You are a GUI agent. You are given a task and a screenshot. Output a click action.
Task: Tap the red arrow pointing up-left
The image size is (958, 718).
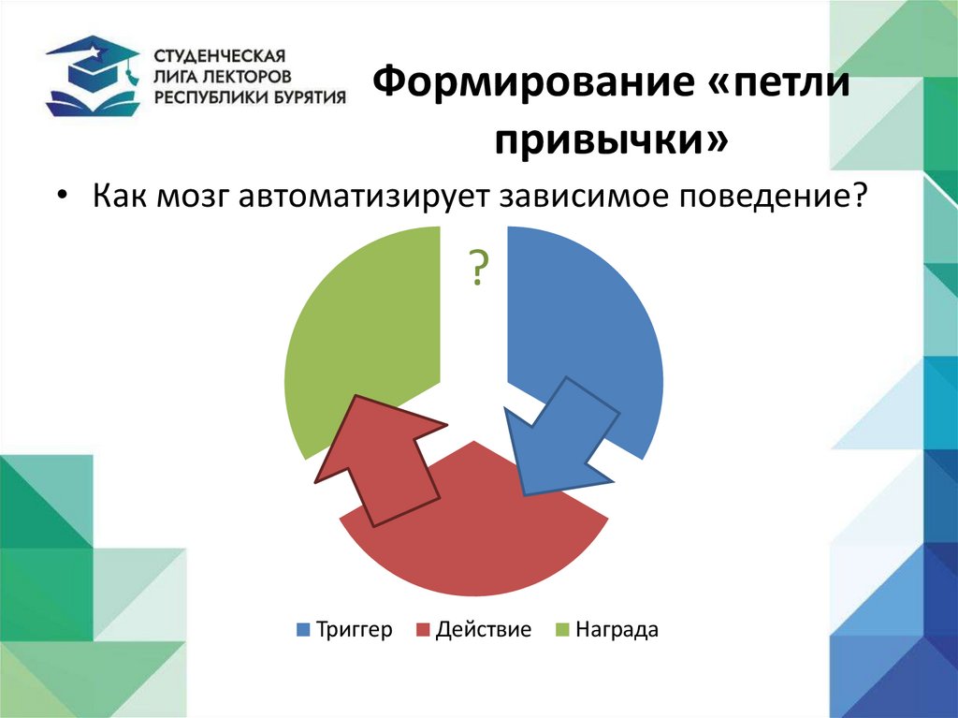[x=380, y=458]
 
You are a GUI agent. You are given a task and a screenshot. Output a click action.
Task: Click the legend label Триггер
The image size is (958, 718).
[x=354, y=630]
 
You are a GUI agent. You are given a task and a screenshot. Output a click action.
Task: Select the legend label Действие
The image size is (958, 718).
[x=483, y=630]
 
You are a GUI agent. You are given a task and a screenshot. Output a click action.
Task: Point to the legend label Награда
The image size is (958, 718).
[x=617, y=630]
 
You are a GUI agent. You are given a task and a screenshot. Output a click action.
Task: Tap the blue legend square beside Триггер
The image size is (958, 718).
[x=303, y=630]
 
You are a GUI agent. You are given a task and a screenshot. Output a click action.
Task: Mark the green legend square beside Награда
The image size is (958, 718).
[x=561, y=630]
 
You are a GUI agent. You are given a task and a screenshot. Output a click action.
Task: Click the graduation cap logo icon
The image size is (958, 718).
[x=92, y=74]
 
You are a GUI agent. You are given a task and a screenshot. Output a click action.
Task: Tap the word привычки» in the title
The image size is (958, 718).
[x=612, y=141]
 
